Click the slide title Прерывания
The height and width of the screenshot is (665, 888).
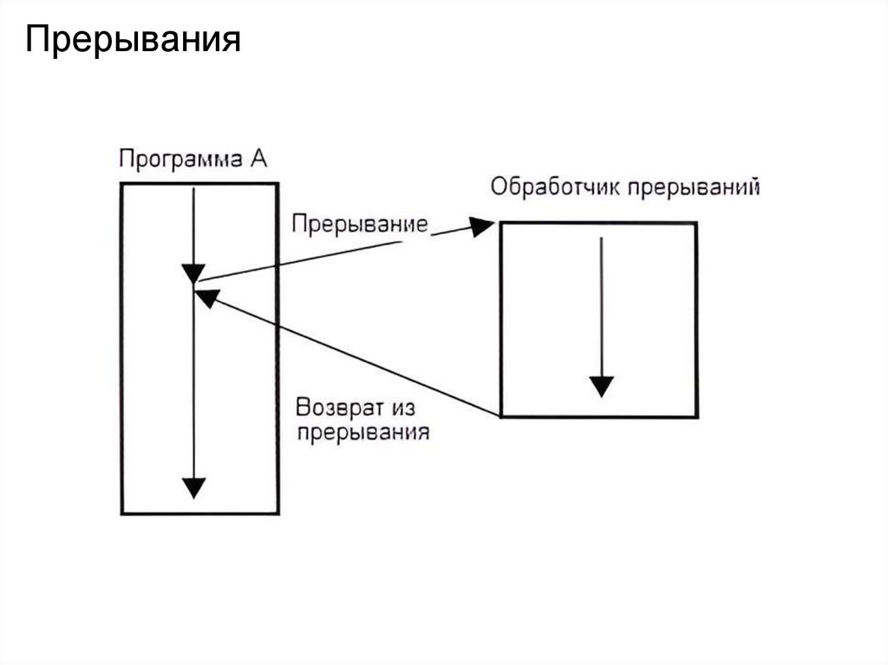[133, 40]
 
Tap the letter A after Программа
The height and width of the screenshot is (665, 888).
[259, 160]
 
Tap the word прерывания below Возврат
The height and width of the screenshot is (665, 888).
[363, 431]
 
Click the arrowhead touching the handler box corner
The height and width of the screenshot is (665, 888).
[481, 226]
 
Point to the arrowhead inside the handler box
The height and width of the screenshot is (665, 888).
[601, 386]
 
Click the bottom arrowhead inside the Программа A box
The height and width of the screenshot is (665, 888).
[195, 487]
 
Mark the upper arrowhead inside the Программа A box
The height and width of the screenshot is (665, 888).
[195, 271]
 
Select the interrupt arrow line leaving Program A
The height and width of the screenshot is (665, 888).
[330, 255]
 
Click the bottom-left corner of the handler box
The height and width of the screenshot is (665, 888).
[501, 417]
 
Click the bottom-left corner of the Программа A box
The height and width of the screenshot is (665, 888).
[122, 514]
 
